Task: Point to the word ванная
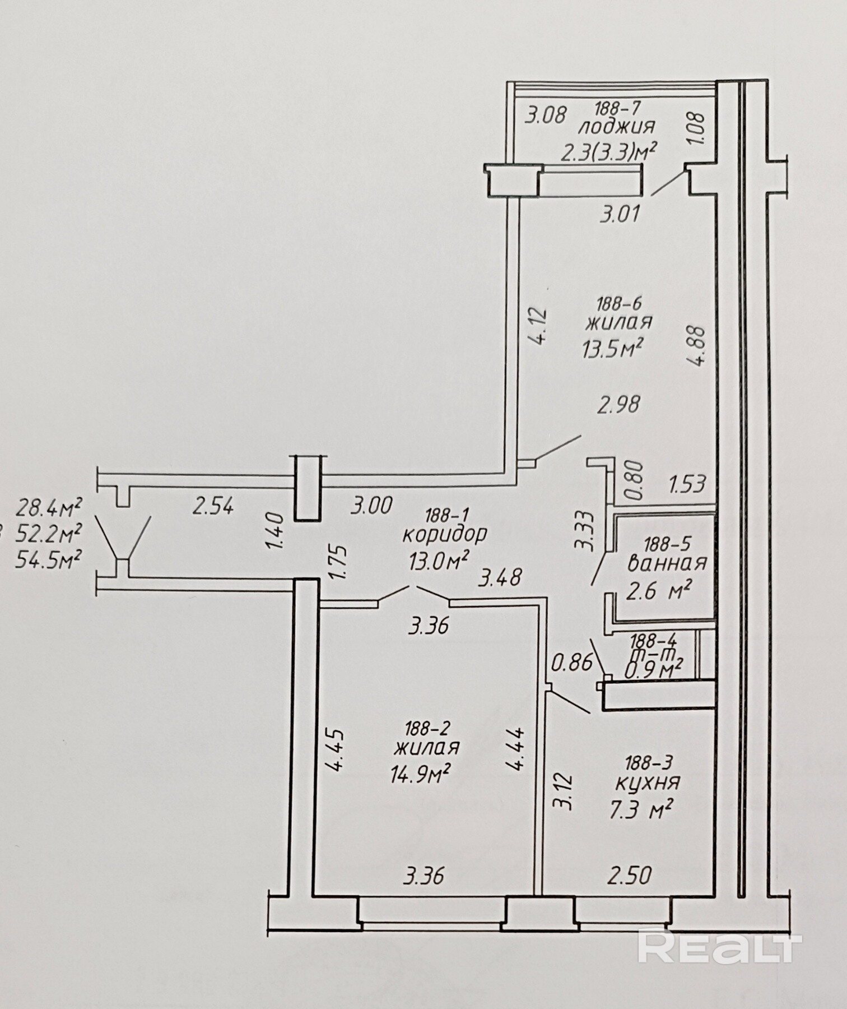point(667,563)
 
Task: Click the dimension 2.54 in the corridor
point(213,507)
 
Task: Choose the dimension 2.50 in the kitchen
point(630,876)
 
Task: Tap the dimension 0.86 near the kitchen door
point(572,663)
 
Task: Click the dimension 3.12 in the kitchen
point(562,792)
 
